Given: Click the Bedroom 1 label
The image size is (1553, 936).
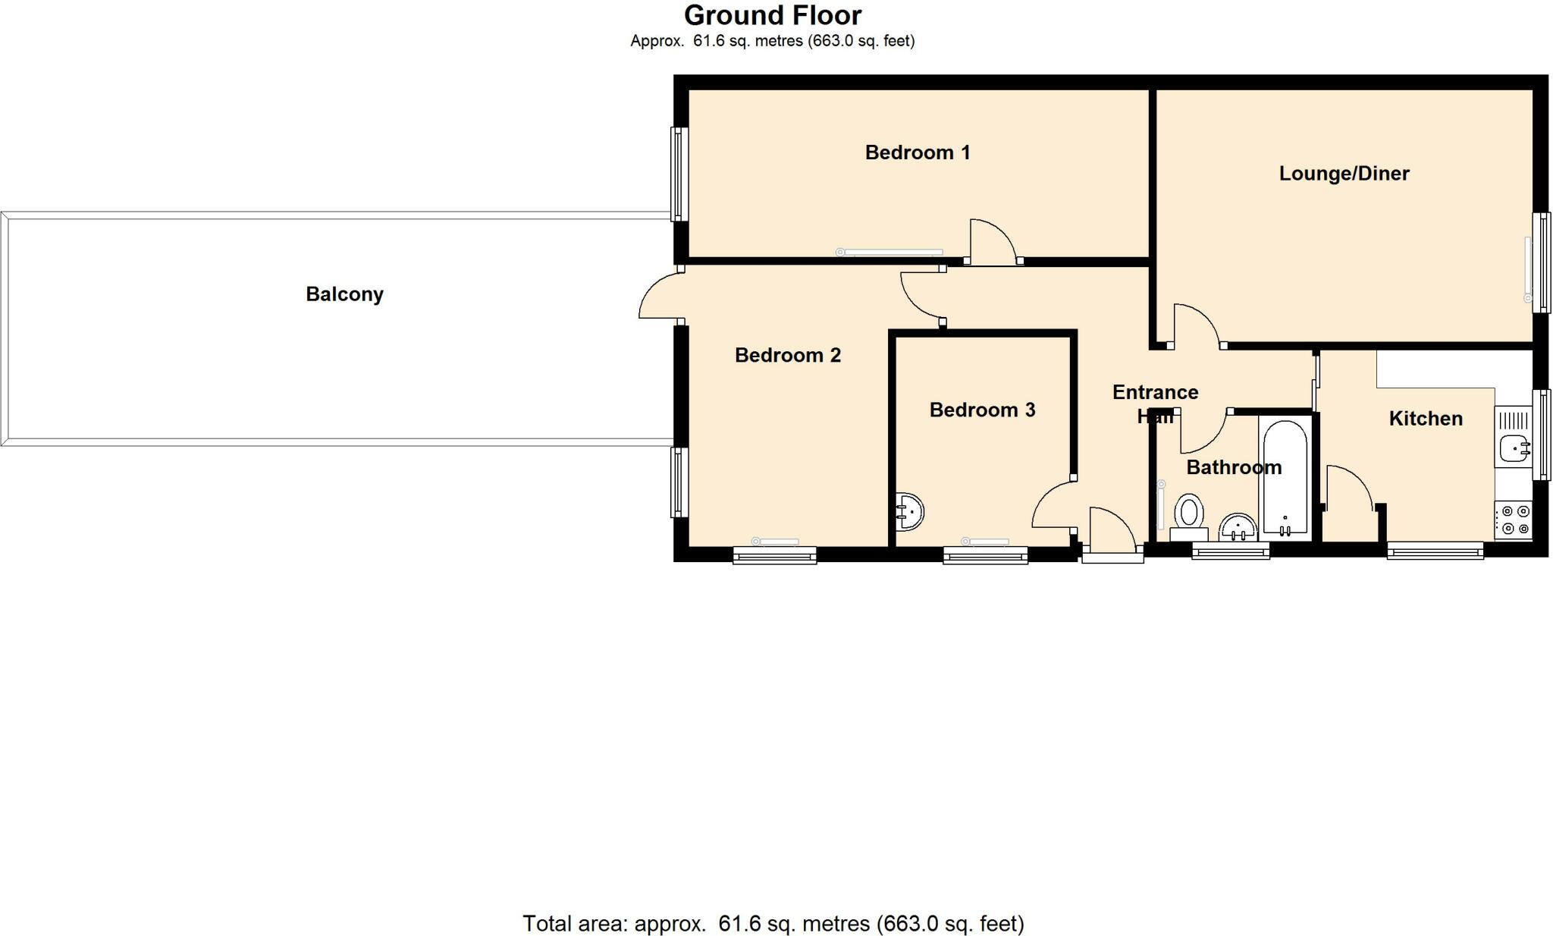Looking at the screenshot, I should tap(918, 152).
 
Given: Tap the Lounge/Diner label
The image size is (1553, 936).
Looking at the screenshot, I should tap(1344, 174).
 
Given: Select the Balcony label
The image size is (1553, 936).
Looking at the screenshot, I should tap(344, 294).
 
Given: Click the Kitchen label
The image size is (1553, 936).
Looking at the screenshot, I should tap(1425, 419).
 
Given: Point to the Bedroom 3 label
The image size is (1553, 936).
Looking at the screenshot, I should tap(982, 410).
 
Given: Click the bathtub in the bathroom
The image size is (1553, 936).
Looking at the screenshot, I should tap(1285, 478).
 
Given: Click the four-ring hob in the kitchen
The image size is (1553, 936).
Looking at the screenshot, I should tap(1514, 520).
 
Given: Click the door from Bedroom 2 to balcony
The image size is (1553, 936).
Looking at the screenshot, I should tap(658, 297).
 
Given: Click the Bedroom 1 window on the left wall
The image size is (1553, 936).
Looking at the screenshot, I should tap(679, 174).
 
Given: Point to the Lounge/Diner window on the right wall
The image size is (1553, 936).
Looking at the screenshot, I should tap(1542, 262).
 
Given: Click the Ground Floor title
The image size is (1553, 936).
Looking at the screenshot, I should tap(772, 15).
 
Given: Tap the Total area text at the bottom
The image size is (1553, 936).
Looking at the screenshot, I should tap(773, 923).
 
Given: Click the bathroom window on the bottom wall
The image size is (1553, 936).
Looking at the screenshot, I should tap(1230, 551).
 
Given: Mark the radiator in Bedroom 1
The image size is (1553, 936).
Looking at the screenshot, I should tap(891, 252).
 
